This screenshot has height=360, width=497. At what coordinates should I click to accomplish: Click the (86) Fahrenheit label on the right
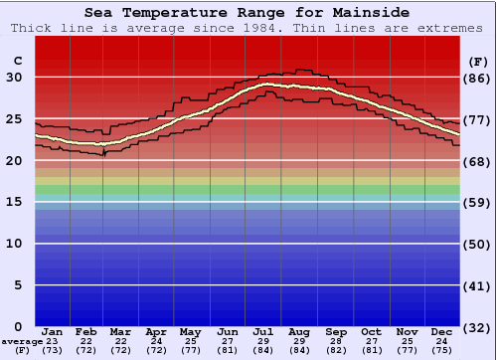tap(477, 78)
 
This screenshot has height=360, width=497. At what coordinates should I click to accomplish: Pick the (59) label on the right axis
tap(477, 203)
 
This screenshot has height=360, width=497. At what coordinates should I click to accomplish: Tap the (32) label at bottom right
tap(477, 327)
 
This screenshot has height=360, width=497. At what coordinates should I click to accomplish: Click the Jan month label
tap(53, 331)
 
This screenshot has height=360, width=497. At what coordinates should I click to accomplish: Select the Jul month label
tap(263, 331)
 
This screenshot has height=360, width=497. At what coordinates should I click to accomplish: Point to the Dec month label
tap(442, 331)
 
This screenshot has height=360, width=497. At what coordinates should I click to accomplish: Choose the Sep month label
tap(335, 331)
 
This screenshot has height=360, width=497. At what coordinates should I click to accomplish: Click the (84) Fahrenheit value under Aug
tap(299, 351)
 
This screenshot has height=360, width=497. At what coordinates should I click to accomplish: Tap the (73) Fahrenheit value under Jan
tap(53, 351)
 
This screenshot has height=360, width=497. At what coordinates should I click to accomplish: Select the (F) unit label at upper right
tap(477, 61)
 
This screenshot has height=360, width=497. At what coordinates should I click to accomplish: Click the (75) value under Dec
tap(442, 351)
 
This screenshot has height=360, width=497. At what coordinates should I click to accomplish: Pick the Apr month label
tap(156, 331)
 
